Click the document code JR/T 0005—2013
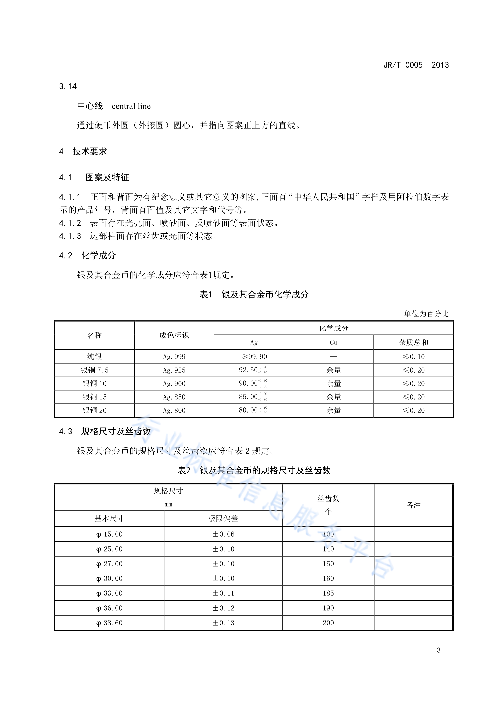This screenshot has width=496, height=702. (416, 65)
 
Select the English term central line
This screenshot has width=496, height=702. (131, 106)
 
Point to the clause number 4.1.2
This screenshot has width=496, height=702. (70, 223)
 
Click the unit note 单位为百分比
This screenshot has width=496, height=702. (426, 314)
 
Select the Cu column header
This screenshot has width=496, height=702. (334, 342)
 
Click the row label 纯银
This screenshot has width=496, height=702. (94, 357)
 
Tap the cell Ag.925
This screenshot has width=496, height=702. (174, 370)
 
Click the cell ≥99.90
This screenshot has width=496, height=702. (254, 357)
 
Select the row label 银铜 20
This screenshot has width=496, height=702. (94, 410)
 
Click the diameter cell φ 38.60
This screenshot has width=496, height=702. (109, 623)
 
